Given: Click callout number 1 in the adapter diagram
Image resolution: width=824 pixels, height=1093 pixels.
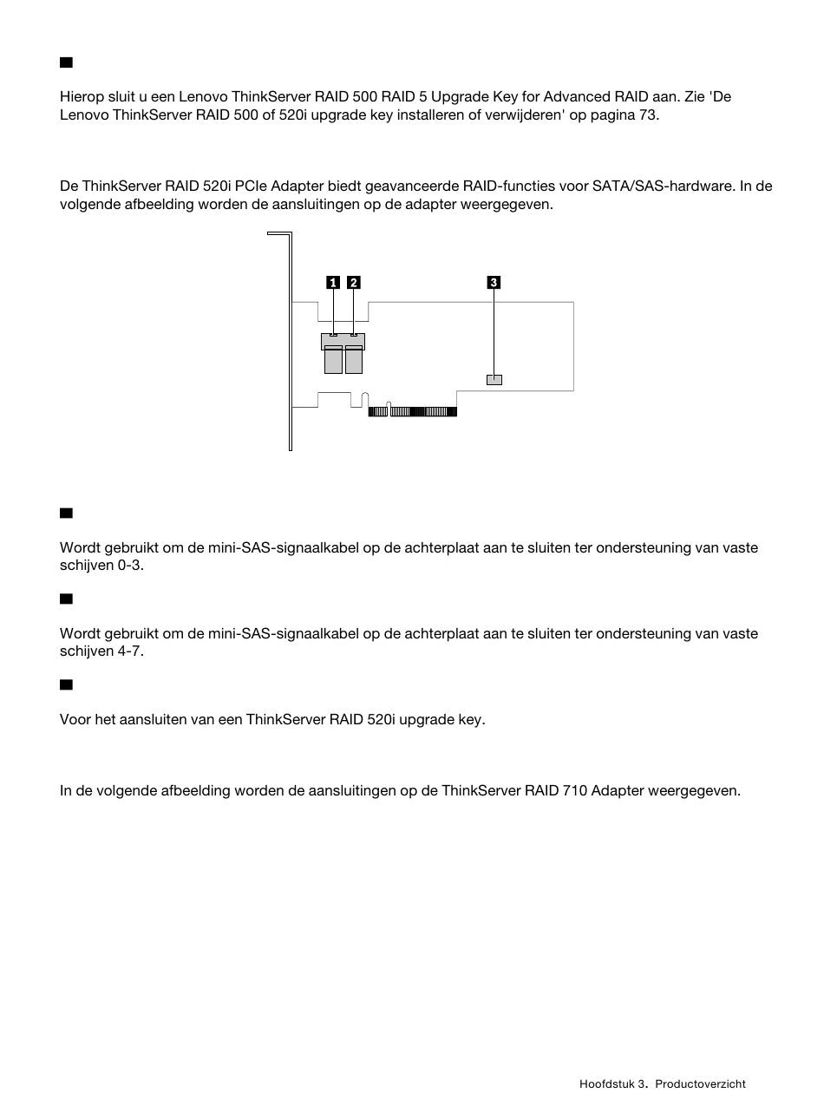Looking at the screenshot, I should tap(332, 282).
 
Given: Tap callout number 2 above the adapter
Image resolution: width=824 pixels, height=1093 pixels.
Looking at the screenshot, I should tap(353, 282).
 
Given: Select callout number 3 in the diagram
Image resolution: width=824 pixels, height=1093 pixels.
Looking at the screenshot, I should tap(494, 282).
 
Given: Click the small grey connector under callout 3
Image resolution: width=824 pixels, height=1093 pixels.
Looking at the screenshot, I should tap(494, 379).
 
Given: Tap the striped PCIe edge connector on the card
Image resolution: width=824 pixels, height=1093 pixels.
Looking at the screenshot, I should tap(413, 411).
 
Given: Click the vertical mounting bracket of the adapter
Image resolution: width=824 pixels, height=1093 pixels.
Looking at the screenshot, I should tap(290, 347).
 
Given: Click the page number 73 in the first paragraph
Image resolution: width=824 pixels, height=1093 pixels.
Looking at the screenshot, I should tap(648, 115).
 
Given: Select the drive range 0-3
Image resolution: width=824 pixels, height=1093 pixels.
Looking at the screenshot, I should tap(129, 565).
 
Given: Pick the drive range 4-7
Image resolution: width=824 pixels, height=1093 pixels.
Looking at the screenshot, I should tap(129, 651).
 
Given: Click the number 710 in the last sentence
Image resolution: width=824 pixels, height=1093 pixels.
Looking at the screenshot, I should tap(572, 791).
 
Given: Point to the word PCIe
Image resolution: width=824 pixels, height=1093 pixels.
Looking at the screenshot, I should tap(262, 186).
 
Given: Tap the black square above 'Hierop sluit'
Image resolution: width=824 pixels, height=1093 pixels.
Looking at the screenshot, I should tap(65, 62).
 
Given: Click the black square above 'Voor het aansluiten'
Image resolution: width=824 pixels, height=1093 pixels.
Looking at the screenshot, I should tap(65, 684).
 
